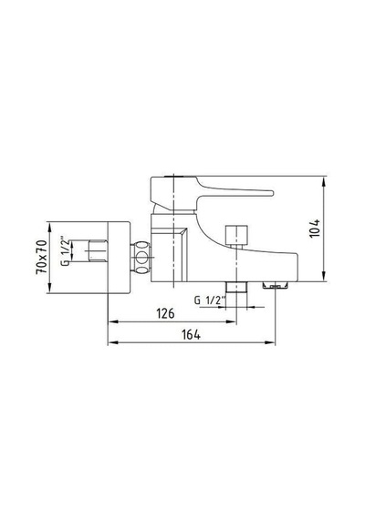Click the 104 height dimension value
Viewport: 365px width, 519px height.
(x=314, y=228)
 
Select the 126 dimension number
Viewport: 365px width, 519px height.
(x=165, y=313)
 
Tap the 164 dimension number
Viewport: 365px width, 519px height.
(x=191, y=334)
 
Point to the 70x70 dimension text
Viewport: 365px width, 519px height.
(x=42, y=257)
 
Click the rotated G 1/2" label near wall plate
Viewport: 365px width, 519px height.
(x=65, y=250)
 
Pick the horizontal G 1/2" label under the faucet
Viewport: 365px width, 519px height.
(x=210, y=300)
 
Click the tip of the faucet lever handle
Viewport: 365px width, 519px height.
(x=272, y=193)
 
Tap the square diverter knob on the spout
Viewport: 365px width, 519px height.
(x=236, y=235)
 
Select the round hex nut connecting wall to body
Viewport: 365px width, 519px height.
(x=141, y=257)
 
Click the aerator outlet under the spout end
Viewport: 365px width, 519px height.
(x=275, y=285)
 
